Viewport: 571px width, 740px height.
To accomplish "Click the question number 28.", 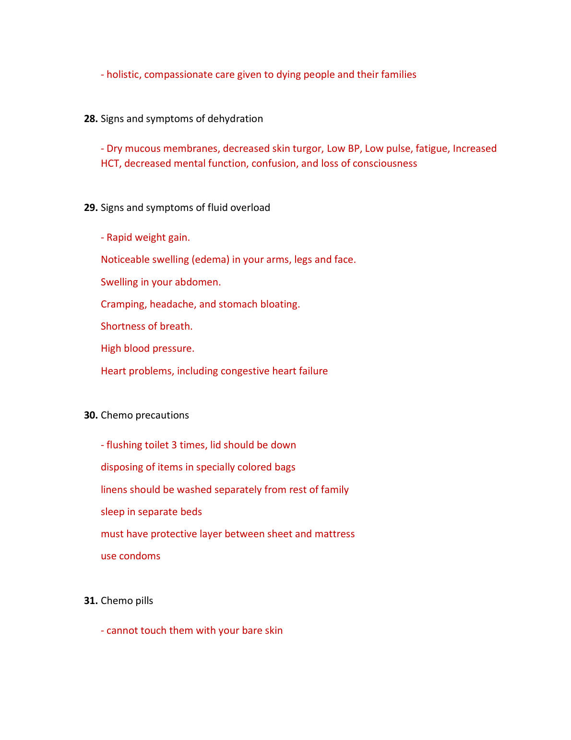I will click(91, 119).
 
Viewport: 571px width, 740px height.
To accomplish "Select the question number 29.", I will click(91, 208).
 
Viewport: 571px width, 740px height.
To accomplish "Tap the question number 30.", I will click(91, 415).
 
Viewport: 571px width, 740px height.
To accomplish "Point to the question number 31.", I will click(91, 601).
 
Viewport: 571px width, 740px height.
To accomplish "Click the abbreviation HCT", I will click(110, 163).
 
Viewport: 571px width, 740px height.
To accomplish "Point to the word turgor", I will click(307, 148).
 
